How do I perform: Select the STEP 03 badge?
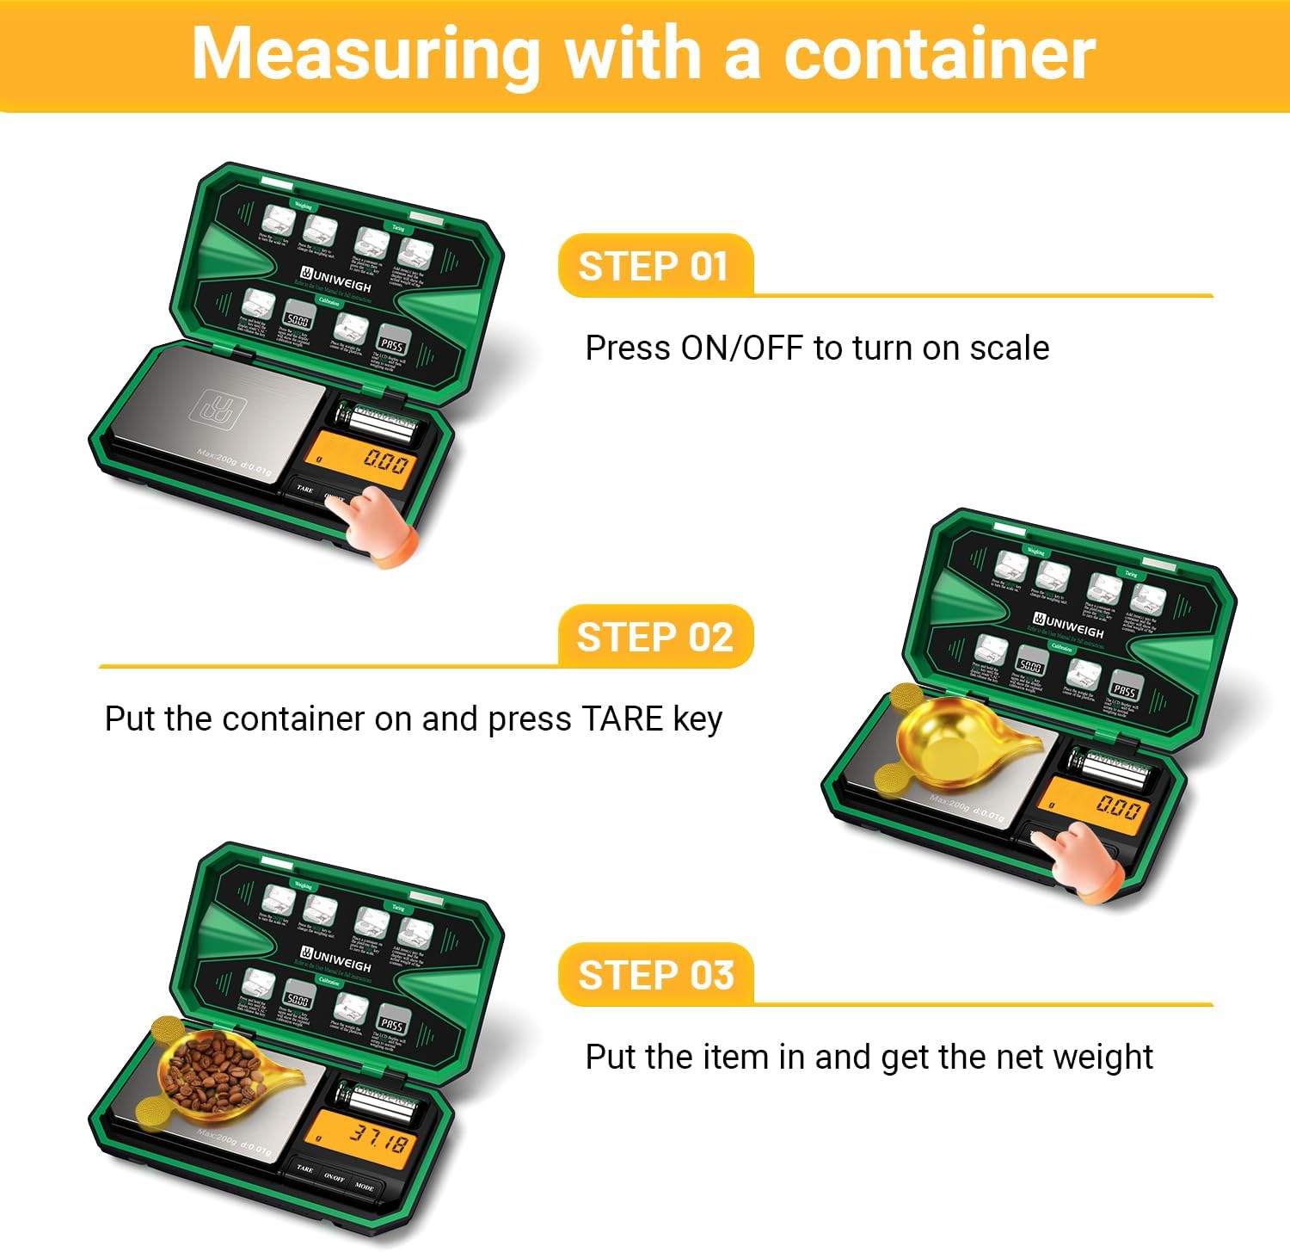coord(655,975)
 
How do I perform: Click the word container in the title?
coord(939,53)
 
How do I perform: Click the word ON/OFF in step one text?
coord(741,348)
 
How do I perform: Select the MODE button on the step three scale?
coord(365,1187)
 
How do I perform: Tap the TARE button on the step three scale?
coord(304,1169)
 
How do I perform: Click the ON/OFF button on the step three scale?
coord(334,1177)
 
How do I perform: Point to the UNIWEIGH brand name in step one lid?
coord(341,281)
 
